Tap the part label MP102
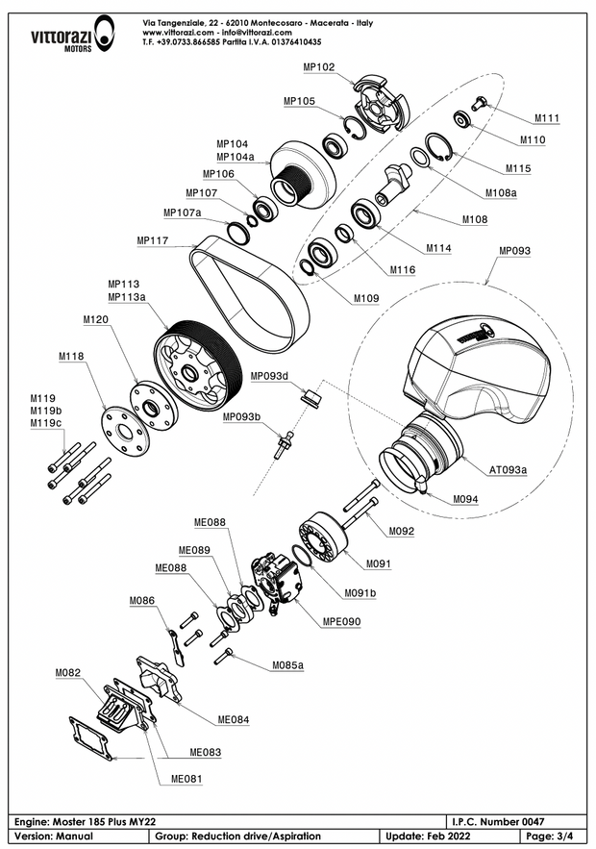[318, 67]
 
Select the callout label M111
[546, 118]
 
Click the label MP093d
[270, 376]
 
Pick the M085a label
[287, 664]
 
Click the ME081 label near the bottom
[187, 778]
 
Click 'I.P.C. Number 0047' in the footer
[498, 822]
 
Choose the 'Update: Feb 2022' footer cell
[430, 837]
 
